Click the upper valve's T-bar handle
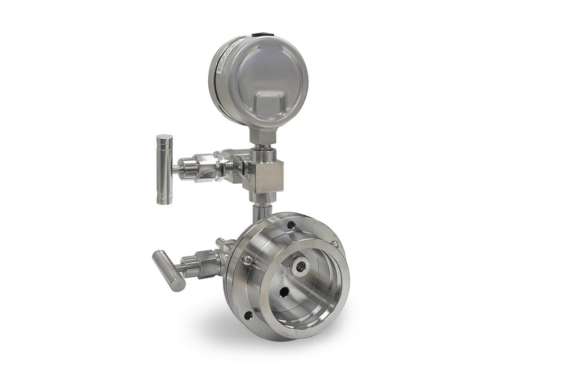(x=164, y=169)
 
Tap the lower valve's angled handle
(x=168, y=270)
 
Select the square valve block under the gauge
(x=263, y=175)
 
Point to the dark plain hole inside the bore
(x=284, y=292)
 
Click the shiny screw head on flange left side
(x=247, y=260)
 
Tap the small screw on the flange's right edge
(x=334, y=244)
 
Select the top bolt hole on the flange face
(x=291, y=225)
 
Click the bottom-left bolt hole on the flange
(x=248, y=315)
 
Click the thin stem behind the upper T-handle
(x=176, y=168)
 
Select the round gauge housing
(x=259, y=79)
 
